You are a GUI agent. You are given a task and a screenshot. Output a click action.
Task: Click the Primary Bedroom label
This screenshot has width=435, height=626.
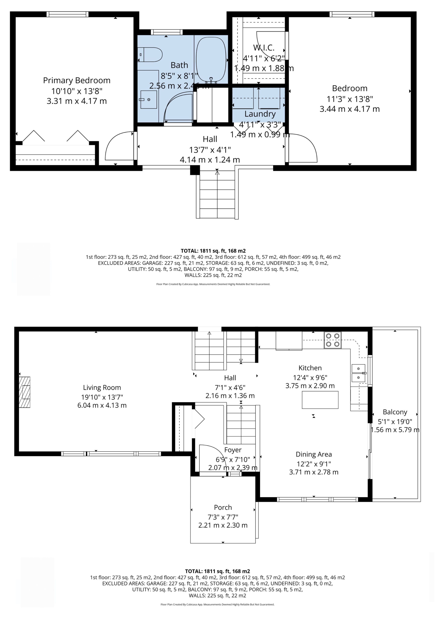[77, 80]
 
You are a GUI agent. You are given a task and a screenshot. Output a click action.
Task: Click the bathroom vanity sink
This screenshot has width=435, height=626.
[149, 99]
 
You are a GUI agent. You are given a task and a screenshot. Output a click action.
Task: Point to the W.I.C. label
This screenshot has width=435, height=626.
[264, 48]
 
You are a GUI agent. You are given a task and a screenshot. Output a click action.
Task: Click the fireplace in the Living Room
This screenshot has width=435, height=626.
[25, 392]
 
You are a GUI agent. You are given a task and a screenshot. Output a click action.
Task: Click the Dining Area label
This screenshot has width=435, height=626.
[314, 454]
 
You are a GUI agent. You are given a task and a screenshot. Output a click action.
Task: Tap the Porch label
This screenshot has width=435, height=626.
[223, 507]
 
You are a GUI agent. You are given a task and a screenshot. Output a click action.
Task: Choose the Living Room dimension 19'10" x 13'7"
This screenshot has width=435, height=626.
[102, 397]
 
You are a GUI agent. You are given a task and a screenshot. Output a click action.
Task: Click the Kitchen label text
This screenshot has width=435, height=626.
[310, 368]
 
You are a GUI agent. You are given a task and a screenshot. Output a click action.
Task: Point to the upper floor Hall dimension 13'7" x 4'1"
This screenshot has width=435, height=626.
[210, 150]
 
